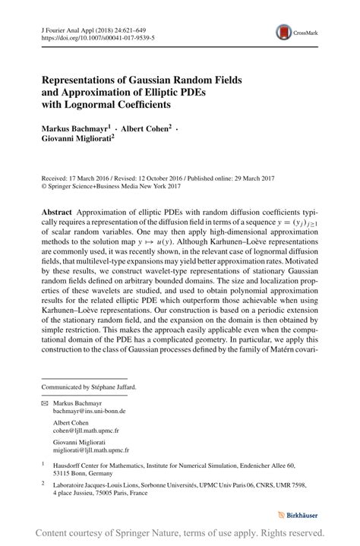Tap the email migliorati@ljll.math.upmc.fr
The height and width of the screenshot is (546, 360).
click(x=93, y=449)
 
